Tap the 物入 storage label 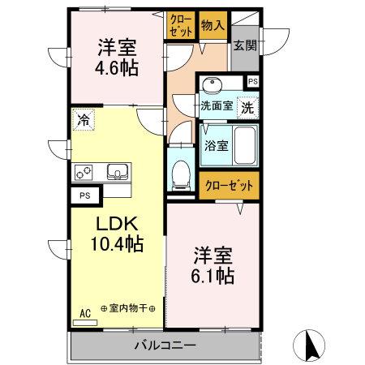pyautogui.click(x=213, y=26)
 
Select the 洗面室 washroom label pyautogui.click(x=217, y=105)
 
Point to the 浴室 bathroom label pyautogui.click(x=217, y=146)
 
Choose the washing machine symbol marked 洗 pyautogui.click(x=248, y=105)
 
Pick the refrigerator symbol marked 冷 pyautogui.click(x=83, y=119)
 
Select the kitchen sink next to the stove pyautogui.click(x=116, y=171)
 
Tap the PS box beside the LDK pyautogui.click(x=84, y=195)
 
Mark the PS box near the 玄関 pyautogui.click(x=252, y=81)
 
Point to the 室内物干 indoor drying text pyautogui.click(x=128, y=308)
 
